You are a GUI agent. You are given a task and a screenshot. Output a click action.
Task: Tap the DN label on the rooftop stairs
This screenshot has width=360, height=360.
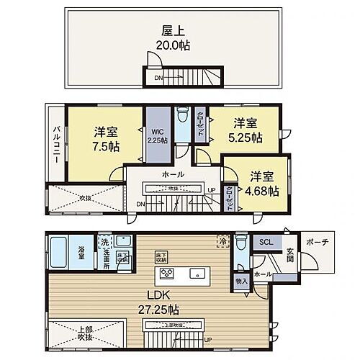click(x=156, y=77)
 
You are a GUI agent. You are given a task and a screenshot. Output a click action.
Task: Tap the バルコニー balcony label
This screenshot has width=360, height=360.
click(x=55, y=145)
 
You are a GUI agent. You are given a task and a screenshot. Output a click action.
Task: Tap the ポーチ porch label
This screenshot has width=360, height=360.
click(x=316, y=243)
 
